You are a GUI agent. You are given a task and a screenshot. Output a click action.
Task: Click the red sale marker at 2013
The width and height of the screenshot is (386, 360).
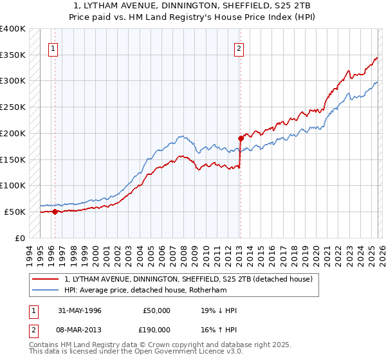pyautogui.click(x=240, y=138)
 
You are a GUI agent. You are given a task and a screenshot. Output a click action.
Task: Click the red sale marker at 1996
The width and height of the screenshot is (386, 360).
pyautogui.click(x=55, y=212)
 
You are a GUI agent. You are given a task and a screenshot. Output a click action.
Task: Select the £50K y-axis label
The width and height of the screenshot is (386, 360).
pyautogui.click(x=15, y=212)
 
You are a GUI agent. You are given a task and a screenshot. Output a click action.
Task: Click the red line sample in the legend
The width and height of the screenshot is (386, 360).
pyautogui.click(x=45, y=279)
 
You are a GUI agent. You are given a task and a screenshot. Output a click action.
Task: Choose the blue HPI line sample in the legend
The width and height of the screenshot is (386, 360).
pyautogui.click(x=45, y=291)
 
